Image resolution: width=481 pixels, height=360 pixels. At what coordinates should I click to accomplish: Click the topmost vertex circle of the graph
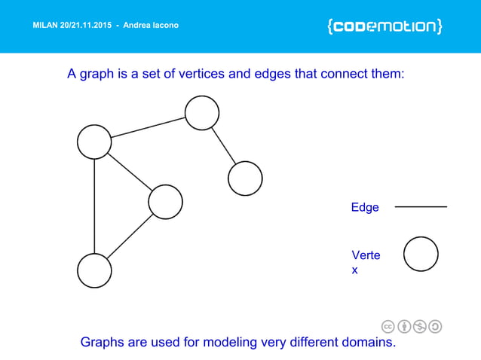(202, 113)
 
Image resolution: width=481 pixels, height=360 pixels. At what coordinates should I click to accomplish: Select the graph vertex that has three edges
(94, 142)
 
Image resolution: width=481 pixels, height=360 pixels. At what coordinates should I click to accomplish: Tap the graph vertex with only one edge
(245, 178)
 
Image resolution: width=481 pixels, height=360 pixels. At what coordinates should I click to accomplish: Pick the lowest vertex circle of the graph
(94, 270)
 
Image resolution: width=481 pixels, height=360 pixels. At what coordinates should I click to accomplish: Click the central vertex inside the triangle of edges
(166, 201)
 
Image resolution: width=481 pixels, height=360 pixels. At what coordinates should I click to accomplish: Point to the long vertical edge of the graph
(94, 207)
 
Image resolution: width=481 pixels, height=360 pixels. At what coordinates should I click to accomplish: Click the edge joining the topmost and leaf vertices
(223, 145)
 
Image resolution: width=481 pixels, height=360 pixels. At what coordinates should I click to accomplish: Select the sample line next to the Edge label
(421, 206)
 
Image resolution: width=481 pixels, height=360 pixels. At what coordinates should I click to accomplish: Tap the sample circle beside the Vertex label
(421, 254)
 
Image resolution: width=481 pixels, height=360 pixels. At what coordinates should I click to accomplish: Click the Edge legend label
(365, 207)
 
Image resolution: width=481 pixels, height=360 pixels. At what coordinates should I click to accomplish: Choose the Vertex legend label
(366, 262)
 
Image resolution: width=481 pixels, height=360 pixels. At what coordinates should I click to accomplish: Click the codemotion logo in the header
(384, 26)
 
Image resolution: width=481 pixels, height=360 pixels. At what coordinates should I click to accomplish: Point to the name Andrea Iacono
(151, 26)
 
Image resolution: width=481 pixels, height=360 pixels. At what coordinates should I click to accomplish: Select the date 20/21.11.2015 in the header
(94, 26)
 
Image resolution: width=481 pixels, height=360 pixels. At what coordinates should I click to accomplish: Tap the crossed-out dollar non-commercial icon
(420, 326)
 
